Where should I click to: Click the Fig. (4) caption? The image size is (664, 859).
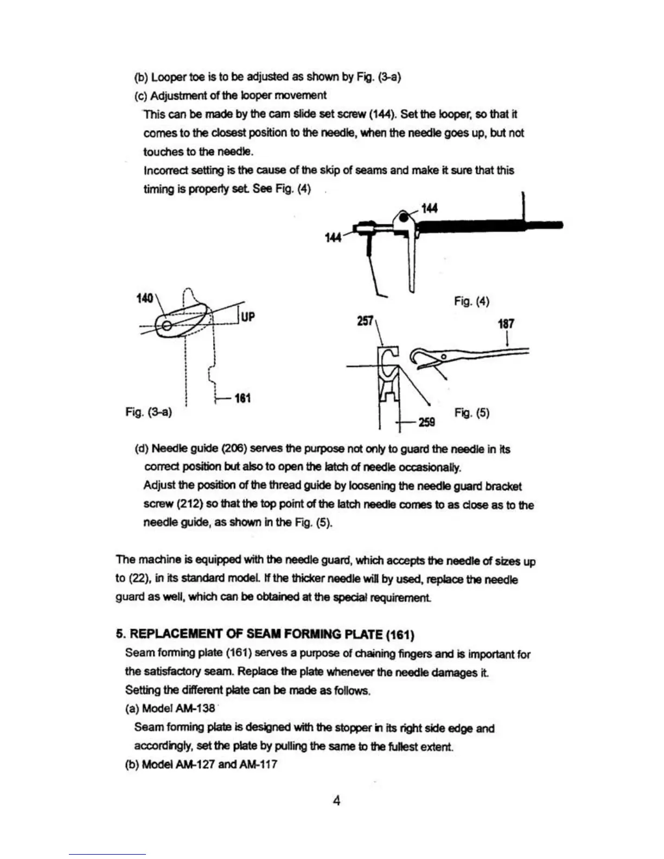(471, 301)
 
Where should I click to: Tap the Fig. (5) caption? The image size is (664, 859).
(471, 413)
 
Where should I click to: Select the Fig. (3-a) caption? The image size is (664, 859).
(149, 412)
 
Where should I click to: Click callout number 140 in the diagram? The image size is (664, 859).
(145, 298)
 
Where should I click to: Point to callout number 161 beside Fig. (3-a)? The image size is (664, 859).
(242, 399)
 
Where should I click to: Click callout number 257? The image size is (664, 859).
(365, 321)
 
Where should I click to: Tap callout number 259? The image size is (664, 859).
(426, 422)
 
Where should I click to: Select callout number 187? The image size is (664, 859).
(506, 324)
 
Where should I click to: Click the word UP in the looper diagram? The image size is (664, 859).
(247, 317)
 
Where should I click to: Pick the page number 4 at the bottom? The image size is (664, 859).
(336, 800)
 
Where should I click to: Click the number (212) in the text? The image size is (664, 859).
(190, 504)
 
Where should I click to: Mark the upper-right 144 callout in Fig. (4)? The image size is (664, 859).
(429, 208)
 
